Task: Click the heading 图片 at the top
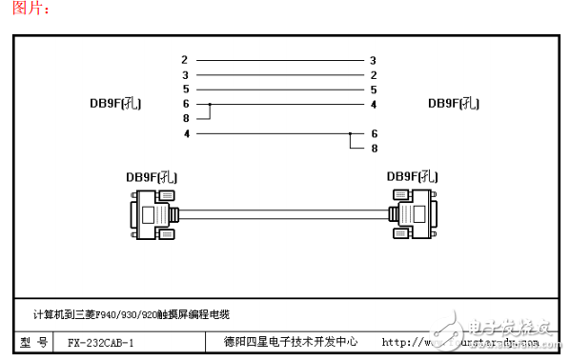click(x=26, y=10)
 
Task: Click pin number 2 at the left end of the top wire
click(x=185, y=60)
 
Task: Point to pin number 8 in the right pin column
click(x=375, y=149)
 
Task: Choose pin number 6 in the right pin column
click(x=375, y=133)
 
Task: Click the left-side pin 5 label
click(x=185, y=89)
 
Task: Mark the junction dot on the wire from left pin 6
click(x=210, y=104)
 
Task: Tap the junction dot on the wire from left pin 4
click(x=351, y=133)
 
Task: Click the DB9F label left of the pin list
click(x=110, y=104)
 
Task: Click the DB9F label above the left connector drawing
click(x=153, y=176)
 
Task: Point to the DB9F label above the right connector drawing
click(x=412, y=176)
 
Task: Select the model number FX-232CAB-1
click(x=101, y=342)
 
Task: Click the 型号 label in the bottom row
click(x=34, y=342)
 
